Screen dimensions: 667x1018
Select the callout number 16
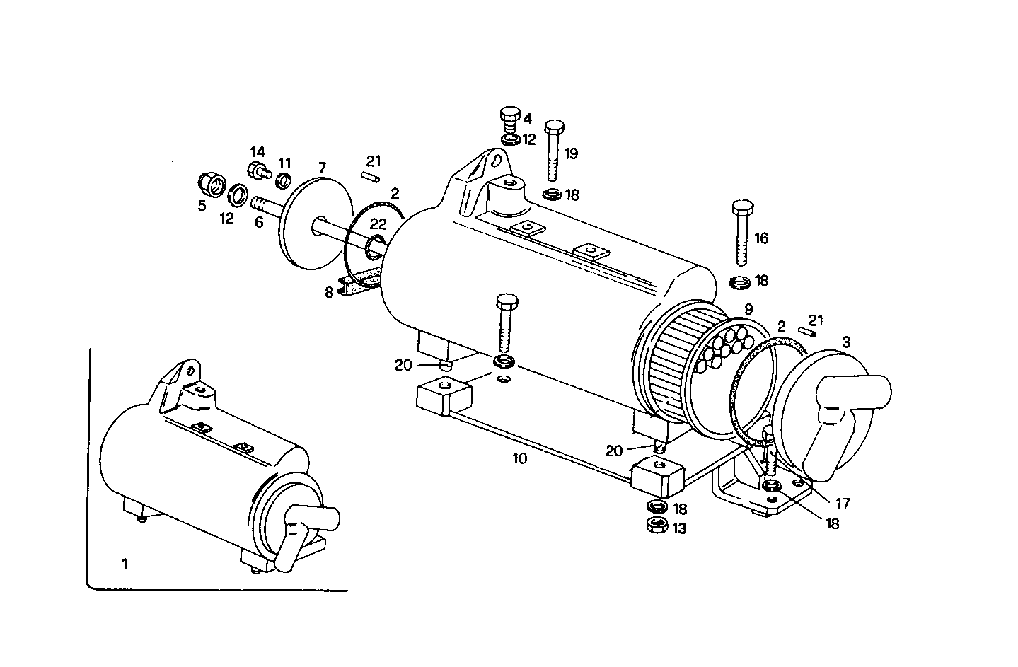point(760,238)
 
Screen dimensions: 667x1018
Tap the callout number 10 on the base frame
point(519,458)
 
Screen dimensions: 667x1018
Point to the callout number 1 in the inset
point(125,564)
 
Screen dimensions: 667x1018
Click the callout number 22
point(378,224)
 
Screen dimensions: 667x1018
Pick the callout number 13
point(679,528)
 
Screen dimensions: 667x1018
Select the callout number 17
point(842,504)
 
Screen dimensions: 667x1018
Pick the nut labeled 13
point(658,525)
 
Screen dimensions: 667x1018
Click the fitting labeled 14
point(258,170)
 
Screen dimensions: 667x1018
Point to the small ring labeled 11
point(283,180)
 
